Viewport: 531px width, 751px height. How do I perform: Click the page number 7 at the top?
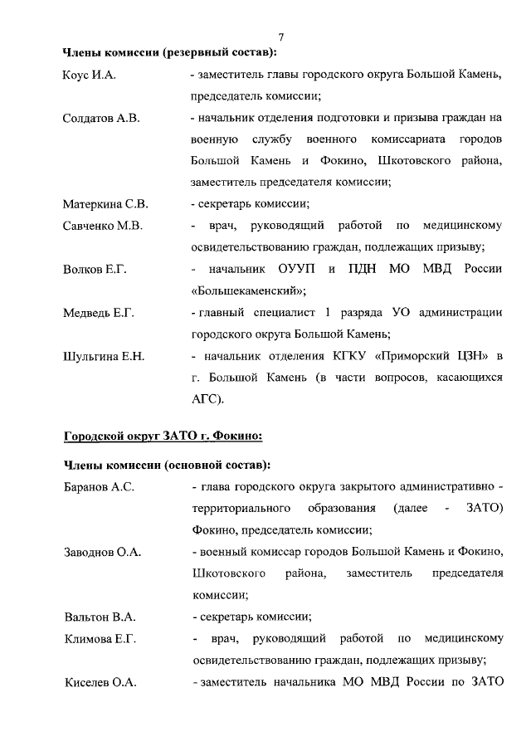click(281, 37)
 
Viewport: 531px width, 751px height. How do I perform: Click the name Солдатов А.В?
click(101, 119)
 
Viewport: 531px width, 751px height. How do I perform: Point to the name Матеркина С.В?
click(105, 204)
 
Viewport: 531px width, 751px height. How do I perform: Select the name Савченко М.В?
click(103, 226)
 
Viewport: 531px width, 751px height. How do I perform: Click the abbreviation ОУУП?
click(298, 270)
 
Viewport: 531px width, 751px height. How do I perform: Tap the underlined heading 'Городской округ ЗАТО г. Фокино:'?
click(163, 436)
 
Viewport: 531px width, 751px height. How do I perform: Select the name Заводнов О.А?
click(101, 551)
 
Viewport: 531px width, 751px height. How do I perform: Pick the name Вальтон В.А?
click(99, 617)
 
